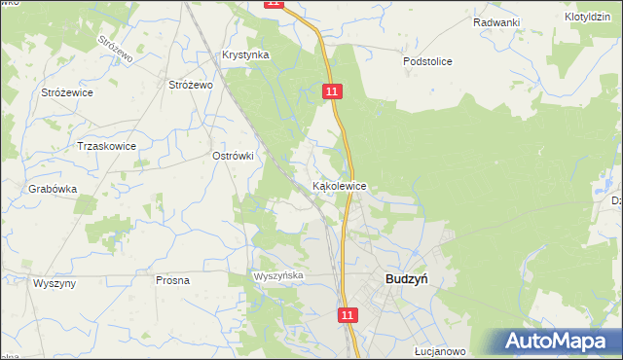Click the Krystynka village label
[x=245, y=55]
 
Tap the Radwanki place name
[x=496, y=21]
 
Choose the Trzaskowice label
[x=106, y=146]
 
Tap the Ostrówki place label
[x=233, y=155]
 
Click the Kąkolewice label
[x=339, y=185]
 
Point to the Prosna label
[x=172, y=280]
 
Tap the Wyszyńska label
[x=280, y=276]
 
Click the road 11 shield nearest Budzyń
[x=349, y=315]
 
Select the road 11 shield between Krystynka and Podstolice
[x=333, y=90]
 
